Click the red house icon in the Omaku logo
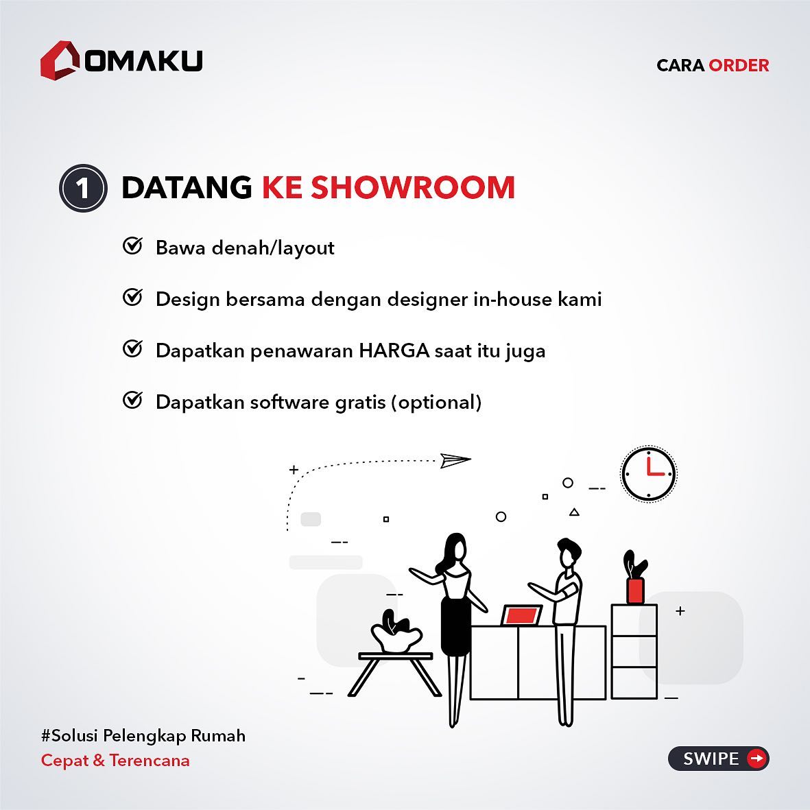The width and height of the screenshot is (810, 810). tap(60, 60)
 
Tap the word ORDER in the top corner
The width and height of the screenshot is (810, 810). tap(739, 66)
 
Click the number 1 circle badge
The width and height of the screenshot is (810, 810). tap(83, 188)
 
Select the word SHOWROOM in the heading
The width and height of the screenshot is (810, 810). tap(413, 187)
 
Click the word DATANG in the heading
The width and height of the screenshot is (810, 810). tap(187, 187)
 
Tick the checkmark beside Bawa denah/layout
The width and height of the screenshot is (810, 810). tap(133, 246)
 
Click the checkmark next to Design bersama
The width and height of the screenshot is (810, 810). tap(133, 298)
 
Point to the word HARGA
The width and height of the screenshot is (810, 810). tap(394, 350)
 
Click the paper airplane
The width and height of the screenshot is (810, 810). tap(455, 460)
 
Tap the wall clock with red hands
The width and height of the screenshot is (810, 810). tap(648, 474)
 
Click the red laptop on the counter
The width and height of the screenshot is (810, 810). tap(521, 615)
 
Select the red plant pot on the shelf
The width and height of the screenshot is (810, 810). tap(635, 591)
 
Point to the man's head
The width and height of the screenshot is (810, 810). tap(569, 553)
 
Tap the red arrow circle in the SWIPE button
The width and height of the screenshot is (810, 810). tap(757, 759)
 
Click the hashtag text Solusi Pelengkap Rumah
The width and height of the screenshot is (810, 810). tap(143, 736)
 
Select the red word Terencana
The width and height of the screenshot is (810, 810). tap(150, 761)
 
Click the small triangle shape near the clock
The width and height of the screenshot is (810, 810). tap(574, 512)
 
